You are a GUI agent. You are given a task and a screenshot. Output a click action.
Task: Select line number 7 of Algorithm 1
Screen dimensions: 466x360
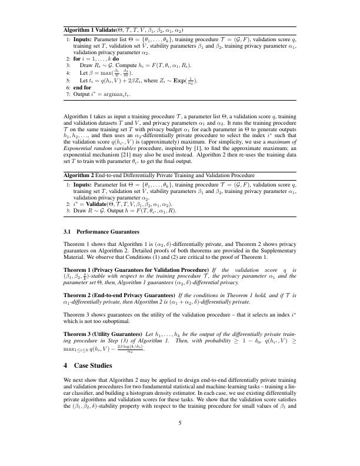(x=68, y=94)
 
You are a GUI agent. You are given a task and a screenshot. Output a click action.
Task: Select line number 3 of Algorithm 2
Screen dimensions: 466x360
(x=68, y=211)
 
